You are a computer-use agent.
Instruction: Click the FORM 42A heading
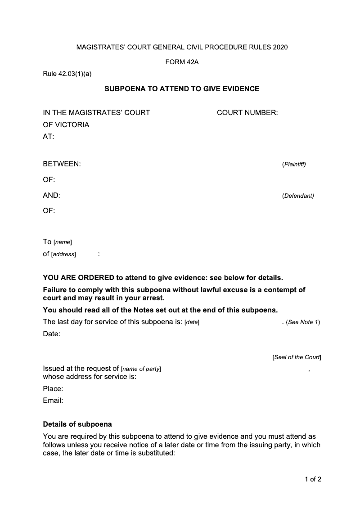[x=182, y=62]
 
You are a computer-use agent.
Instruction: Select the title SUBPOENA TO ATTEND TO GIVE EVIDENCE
[x=182, y=89]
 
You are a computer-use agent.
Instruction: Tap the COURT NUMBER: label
[x=247, y=112]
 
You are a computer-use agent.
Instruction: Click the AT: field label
[x=48, y=137]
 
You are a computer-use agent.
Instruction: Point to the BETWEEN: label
[x=62, y=165]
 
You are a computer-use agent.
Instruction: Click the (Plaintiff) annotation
[x=294, y=165]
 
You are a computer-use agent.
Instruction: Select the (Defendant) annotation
[x=298, y=196]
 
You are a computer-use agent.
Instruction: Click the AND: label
[x=51, y=196]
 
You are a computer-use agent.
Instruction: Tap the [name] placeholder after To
[x=63, y=242]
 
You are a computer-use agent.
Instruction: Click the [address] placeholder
[x=63, y=254]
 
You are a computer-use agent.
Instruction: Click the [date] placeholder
[x=192, y=322]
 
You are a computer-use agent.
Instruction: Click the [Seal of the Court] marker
[x=297, y=357]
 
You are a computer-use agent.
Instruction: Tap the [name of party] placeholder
[x=141, y=369]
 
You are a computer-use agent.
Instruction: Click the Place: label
[x=53, y=388]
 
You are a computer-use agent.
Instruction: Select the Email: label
[x=53, y=400]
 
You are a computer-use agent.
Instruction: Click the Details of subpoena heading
[x=77, y=424]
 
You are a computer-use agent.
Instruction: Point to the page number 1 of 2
[x=313, y=479]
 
